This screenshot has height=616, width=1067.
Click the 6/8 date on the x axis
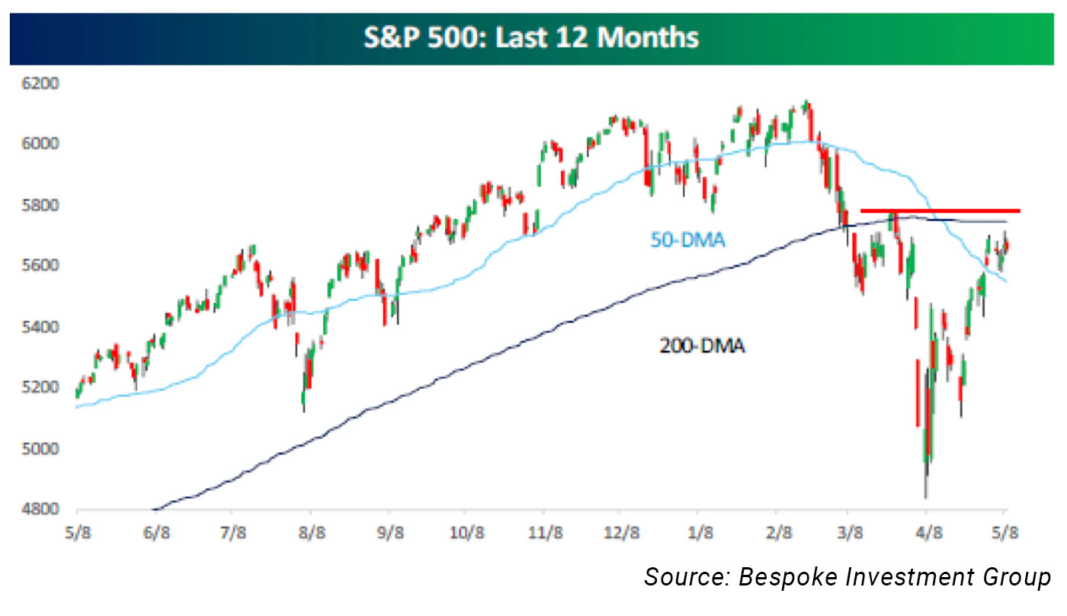(x=155, y=531)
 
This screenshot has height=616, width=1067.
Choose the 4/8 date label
(x=927, y=531)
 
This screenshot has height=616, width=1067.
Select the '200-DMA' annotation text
(x=702, y=348)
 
